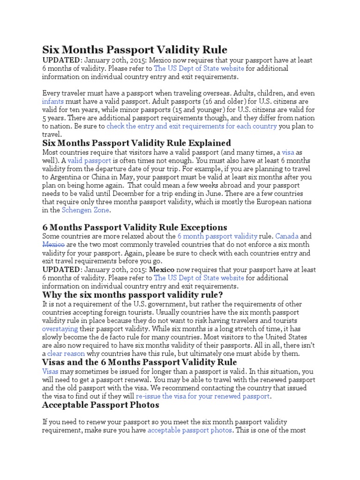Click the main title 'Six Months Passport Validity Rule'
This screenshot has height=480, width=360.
pyautogui.click(x=135, y=50)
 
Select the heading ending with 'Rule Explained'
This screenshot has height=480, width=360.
pyautogui.click(x=136, y=142)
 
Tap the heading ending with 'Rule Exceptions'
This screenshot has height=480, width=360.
pyautogui.click(x=135, y=227)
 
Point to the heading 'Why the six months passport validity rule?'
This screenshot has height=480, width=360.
pyautogui.click(x=133, y=294)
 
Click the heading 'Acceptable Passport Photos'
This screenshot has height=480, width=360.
pyautogui.click(x=101, y=405)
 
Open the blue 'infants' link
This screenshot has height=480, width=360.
pyautogui.click(x=52, y=101)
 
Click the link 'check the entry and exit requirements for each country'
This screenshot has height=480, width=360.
pyautogui.click(x=192, y=127)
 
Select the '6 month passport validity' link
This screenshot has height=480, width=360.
pyautogui.click(x=217, y=236)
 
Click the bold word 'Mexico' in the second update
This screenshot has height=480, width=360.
pyautogui.click(x=162, y=270)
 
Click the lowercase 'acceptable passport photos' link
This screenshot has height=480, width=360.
pyautogui.click(x=189, y=430)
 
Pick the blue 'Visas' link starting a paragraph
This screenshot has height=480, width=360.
pyautogui.click(x=51, y=371)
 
